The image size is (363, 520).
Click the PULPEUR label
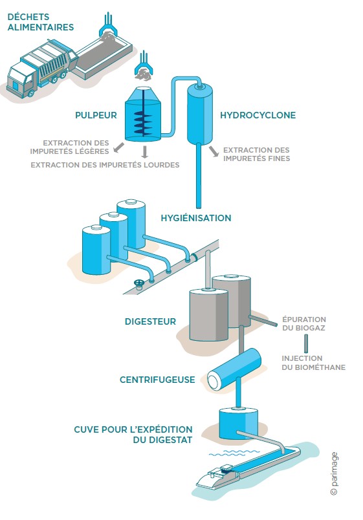pyautogui.click(x=96, y=115)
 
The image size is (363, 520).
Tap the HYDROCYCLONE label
pyautogui.click(x=258, y=115)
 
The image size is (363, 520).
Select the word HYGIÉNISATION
pyautogui.click(x=196, y=218)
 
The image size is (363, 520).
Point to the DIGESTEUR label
pyautogui.click(x=150, y=321)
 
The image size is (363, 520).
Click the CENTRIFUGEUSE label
pyautogui.click(x=157, y=380)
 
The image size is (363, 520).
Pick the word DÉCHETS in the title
pyautogui.click(x=28, y=17)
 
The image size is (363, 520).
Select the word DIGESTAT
pyautogui.click(x=171, y=440)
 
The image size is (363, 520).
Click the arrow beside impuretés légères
pyautogui.click(x=118, y=147)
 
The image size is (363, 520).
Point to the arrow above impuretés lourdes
pyautogui.click(x=144, y=152)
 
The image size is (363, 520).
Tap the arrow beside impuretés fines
pyautogui.click(x=214, y=151)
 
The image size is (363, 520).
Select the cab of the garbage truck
pyautogui.click(x=21, y=81)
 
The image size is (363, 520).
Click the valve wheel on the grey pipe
pyautogui.click(x=138, y=283)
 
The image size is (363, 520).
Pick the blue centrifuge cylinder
pyautogui.click(x=234, y=369)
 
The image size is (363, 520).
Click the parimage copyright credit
pyautogui.click(x=334, y=473)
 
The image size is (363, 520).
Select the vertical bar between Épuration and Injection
pyautogui.click(x=306, y=343)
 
